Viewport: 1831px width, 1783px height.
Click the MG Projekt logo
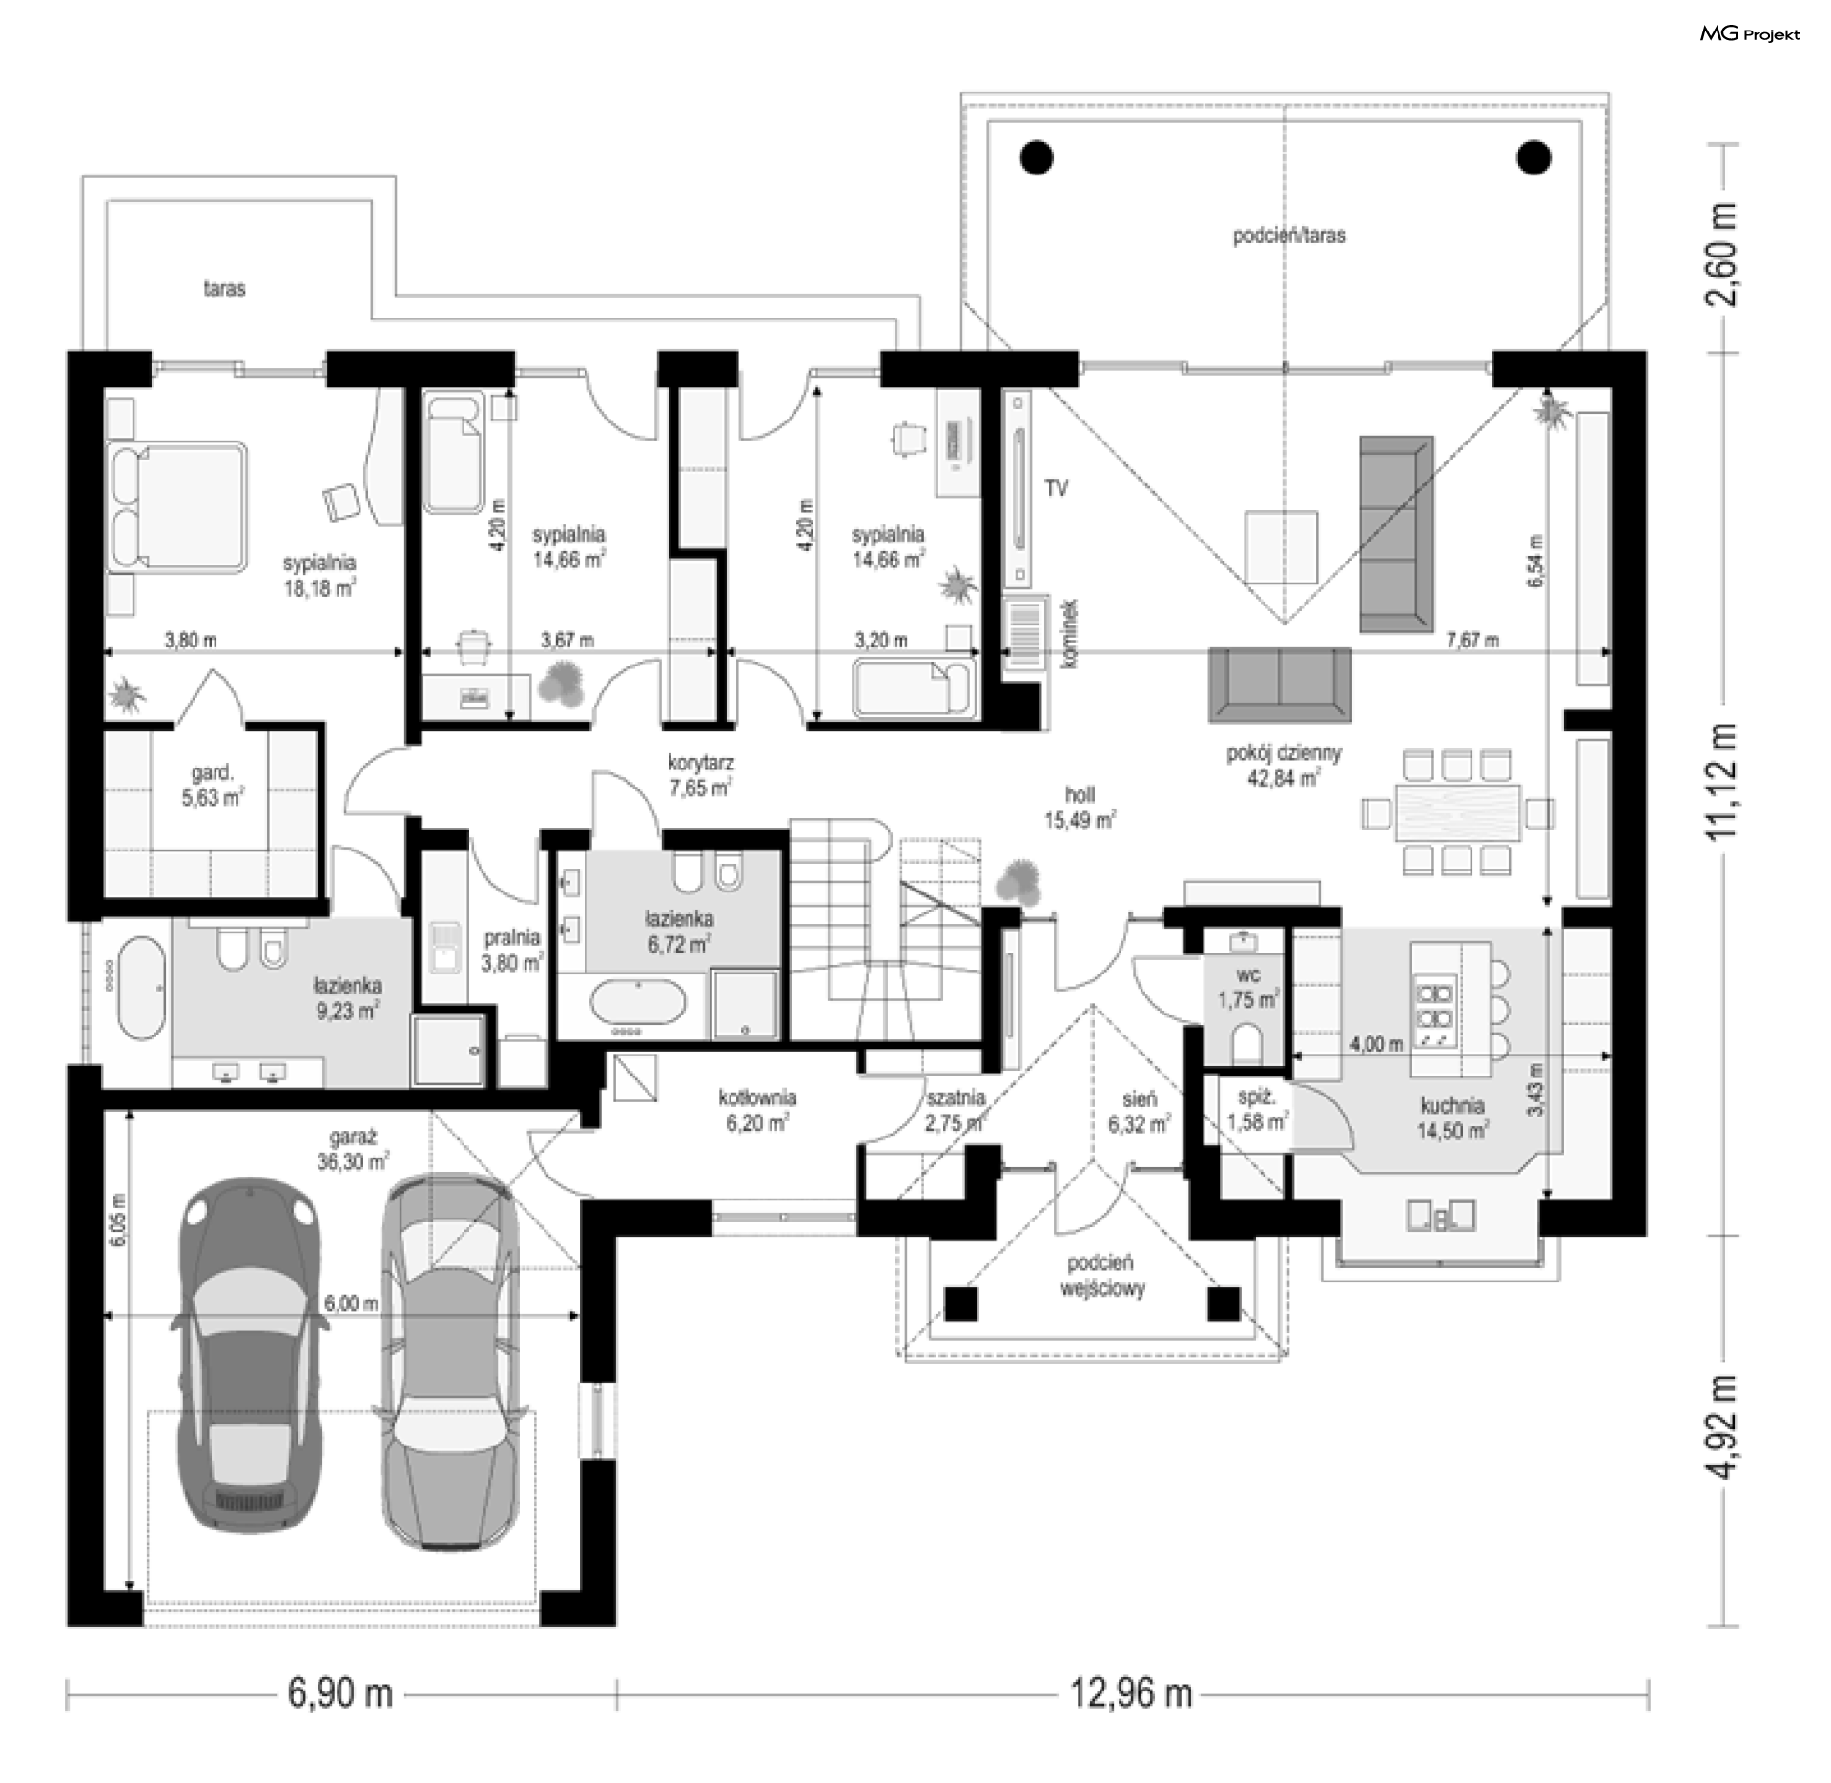[x=1750, y=34]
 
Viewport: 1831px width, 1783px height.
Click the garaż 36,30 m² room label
[x=353, y=1149]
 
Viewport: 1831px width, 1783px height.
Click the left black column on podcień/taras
[x=1037, y=157]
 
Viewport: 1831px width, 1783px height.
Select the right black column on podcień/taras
[x=1534, y=157]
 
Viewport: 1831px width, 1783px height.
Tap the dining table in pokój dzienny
[x=1458, y=812]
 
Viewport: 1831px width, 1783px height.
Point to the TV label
[x=1056, y=488]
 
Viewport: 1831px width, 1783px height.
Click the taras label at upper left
[x=224, y=288]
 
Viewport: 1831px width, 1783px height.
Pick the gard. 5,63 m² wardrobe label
[x=213, y=785]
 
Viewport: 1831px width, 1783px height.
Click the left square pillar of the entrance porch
[x=962, y=1302]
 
